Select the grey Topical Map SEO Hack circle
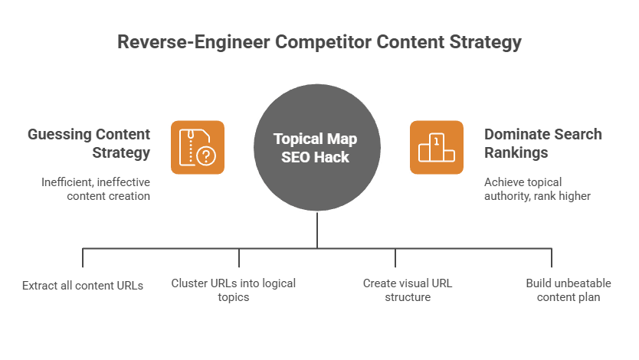click(317, 147)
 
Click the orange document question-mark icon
click(197, 147)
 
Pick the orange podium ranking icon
click(436, 147)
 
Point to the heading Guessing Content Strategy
click(89, 143)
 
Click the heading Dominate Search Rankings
click(542, 143)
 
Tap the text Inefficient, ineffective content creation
click(96, 188)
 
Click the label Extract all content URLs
click(83, 285)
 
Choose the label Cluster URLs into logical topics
click(233, 290)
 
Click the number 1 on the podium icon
click(436, 140)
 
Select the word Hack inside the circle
click(334, 157)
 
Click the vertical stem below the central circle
click(317, 229)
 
